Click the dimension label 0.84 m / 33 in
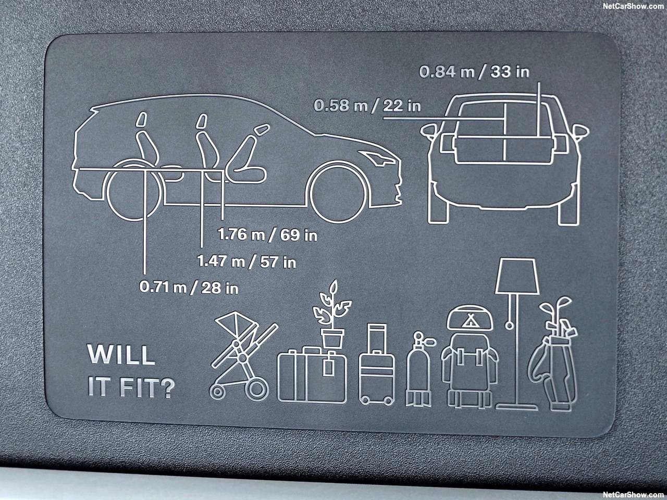474,72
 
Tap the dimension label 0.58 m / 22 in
367,106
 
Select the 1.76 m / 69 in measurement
267,235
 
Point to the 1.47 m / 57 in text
246,261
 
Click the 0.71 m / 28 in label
189,287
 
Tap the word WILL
121,354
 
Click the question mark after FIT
167,387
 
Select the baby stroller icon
243,356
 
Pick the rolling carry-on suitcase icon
377,364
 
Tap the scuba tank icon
419,369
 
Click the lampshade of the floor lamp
517,276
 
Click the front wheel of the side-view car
338,192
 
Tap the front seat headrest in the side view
262,130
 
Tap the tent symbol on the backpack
470,320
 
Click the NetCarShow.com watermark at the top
633,6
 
